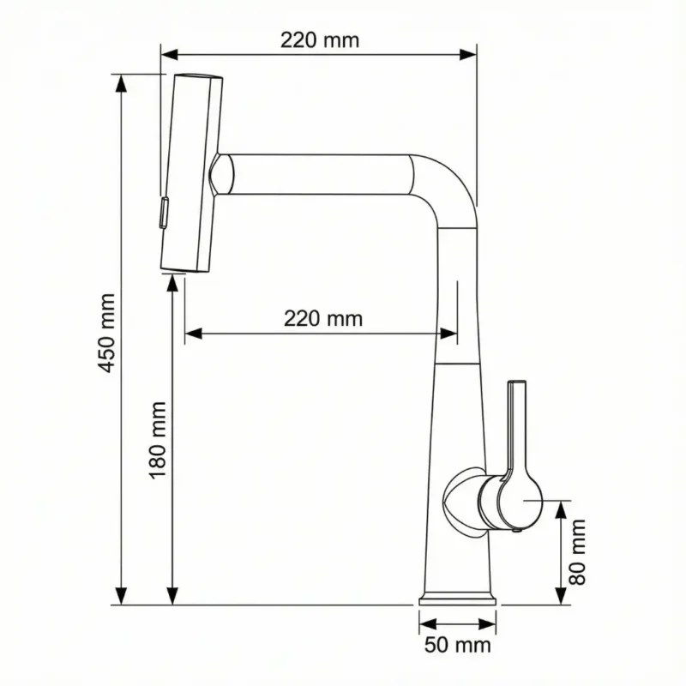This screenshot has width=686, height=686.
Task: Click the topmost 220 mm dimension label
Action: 320,39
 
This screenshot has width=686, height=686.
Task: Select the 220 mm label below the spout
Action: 323,319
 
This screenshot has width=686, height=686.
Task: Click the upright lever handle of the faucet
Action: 517,429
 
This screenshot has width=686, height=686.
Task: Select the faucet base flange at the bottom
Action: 459,598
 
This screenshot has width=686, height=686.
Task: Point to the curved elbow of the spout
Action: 446,184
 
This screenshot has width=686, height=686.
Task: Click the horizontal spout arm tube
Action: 326,174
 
